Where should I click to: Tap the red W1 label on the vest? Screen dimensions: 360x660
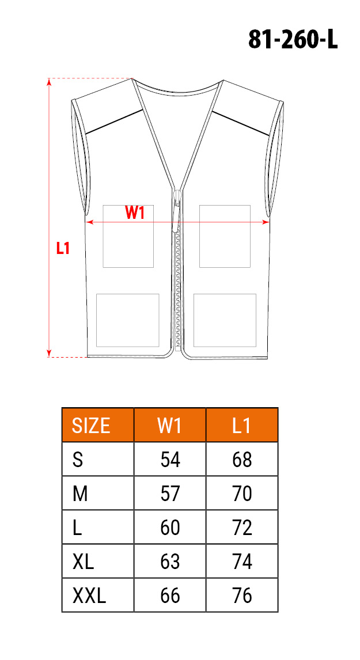click(x=135, y=214)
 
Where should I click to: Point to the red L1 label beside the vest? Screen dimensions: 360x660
click(x=63, y=248)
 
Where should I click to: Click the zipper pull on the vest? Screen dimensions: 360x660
click(x=176, y=210)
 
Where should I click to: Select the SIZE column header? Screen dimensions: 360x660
click(x=92, y=426)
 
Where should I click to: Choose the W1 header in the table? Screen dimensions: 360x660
click(x=170, y=426)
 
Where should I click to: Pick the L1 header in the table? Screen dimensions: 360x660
click(x=242, y=426)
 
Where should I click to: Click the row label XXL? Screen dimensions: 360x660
click(x=89, y=596)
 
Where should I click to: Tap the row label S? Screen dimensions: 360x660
click(x=78, y=460)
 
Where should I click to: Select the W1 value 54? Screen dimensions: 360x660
click(x=170, y=460)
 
